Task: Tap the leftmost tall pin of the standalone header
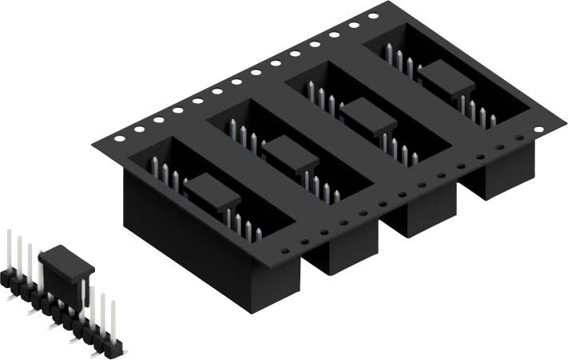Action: (x=9, y=249)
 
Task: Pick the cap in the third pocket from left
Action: (x=368, y=113)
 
